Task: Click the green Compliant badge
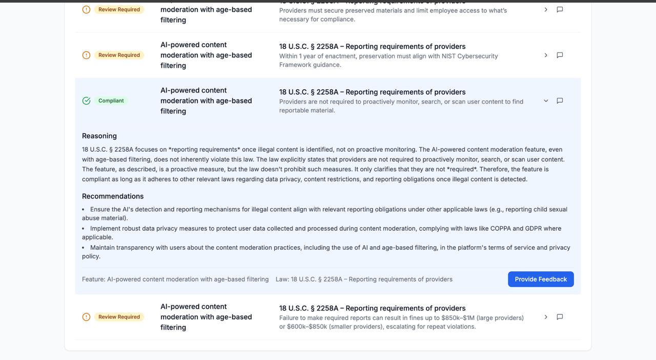pos(111,101)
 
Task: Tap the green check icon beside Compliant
pos(87,101)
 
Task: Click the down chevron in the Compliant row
pos(546,101)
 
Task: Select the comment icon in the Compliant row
pos(560,101)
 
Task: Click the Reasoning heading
pos(99,136)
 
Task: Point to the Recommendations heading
pos(113,196)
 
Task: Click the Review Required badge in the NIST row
pos(119,55)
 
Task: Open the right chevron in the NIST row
pos(546,55)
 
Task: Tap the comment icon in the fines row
pos(560,317)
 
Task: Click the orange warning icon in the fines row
pos(87,317)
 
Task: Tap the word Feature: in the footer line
pos(93,279)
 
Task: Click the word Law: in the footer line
pos(282,279)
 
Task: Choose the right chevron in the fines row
pos(546,317)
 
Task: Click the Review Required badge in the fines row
pos(119,317)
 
